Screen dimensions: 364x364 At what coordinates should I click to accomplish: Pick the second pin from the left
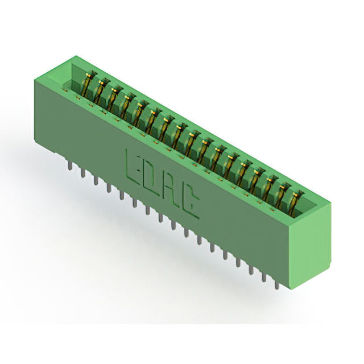[82, 173]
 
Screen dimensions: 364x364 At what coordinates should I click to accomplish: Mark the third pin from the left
[96, 180]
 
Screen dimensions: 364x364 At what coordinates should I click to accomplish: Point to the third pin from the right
[251, 268]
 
